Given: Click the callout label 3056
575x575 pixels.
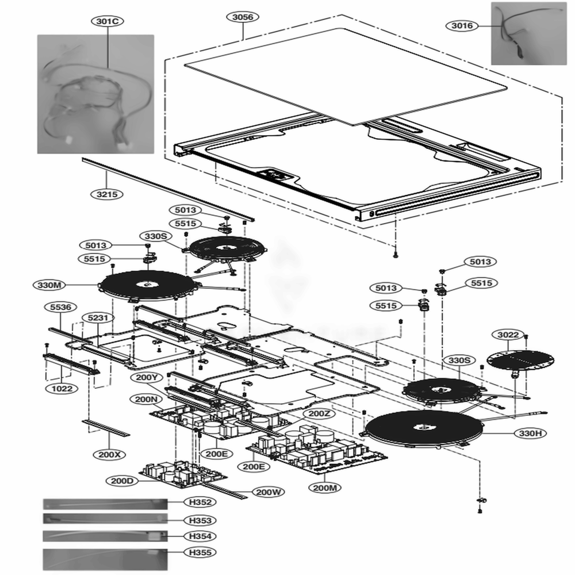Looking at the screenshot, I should pyautogui.click(x=242, y=17).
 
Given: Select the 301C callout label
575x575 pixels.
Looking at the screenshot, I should pyautogui.click(x=108, y=21).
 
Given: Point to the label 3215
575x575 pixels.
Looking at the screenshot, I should pyautogui.click(x=107, y=194).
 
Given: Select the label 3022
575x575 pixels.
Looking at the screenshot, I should pyautogui.click(x=508, y=335).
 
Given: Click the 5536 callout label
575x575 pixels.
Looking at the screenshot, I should pyautogui.click(x=60, y=308).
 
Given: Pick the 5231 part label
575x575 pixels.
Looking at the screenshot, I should pyautogui.click(x=97, y=317).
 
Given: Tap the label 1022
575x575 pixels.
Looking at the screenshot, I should pyautogui.click(x=61, y=389).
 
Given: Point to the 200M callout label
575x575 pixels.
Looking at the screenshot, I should pyautogui.click(x=325, y=488).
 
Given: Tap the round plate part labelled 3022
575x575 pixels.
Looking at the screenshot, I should pyautogui.click(x=520, y=359).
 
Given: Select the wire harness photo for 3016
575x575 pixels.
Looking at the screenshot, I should pyautogui.click(x=528, y=33).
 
